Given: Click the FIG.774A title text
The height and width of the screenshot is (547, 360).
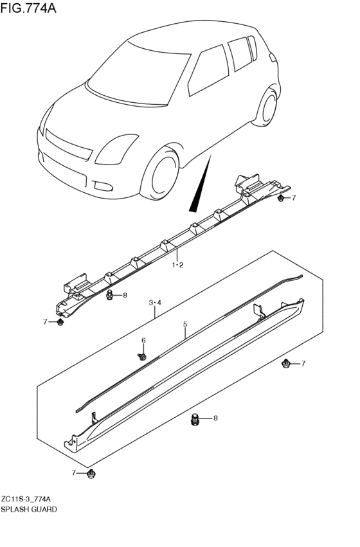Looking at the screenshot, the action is pos(28,8).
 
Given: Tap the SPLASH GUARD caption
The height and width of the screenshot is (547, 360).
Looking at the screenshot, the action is pos(29,509).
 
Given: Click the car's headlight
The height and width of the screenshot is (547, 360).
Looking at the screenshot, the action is pos(116,149).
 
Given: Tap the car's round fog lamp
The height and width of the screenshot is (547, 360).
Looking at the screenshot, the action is pos(104,186).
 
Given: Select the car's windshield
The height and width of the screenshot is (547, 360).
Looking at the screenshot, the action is pos(139,73).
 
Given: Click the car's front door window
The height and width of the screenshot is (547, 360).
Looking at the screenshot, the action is pos(208,71).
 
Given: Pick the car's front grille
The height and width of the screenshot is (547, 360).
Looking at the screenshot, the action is pos(69,145).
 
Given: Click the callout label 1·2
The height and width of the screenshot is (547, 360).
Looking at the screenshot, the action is pos(177,265).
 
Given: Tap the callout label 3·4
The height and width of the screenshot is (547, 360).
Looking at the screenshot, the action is pos(155,303).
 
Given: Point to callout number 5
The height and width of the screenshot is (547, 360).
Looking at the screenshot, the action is pos(185,325).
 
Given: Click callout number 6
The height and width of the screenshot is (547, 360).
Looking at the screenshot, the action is pos(143,340).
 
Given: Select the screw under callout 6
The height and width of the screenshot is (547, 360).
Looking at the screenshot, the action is pos(142,357).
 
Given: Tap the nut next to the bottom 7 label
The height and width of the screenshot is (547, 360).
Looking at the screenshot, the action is pos(91,473).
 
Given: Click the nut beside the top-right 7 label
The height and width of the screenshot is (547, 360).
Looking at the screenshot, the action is pos(280,199).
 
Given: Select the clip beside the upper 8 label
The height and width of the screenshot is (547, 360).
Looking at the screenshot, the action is pos(110,296).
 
